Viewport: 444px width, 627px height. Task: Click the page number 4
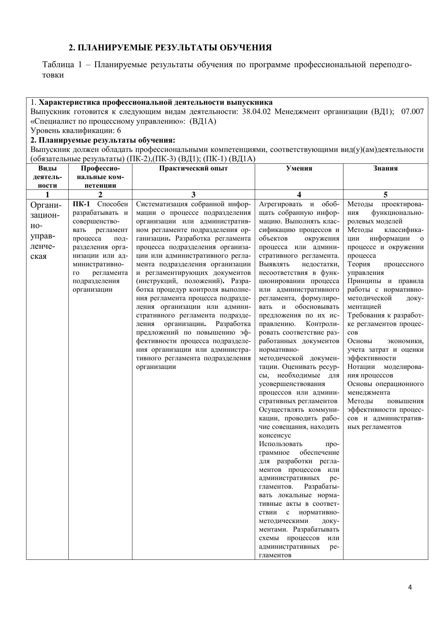pyautogui.click(x=410, y=587)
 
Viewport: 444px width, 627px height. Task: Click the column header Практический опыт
pyautogui.click(x=193, y=168)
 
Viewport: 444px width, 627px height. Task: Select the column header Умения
pyautogui.click(x=299, y=168)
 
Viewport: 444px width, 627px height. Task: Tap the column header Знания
pyautogui.click(x=385, y=168)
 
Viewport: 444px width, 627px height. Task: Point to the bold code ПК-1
pyautogui.click(x=81, y=204)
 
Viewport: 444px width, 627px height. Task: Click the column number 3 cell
pyautogui.click(x=193, y=195)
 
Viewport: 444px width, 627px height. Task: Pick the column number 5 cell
pyautogui.click(x=385, y=195)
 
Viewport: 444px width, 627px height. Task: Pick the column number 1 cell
pyautogui.click(x=47, y=195)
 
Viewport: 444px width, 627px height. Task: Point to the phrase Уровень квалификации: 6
pyautogui.click(x=76, y=130)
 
